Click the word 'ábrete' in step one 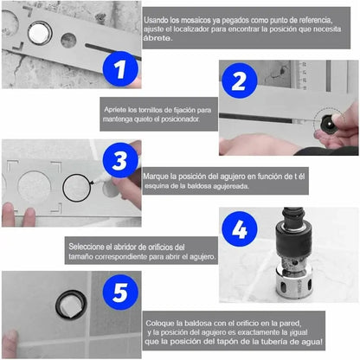point(157,37)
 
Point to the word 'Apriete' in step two point(120,112)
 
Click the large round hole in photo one point(40,34)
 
